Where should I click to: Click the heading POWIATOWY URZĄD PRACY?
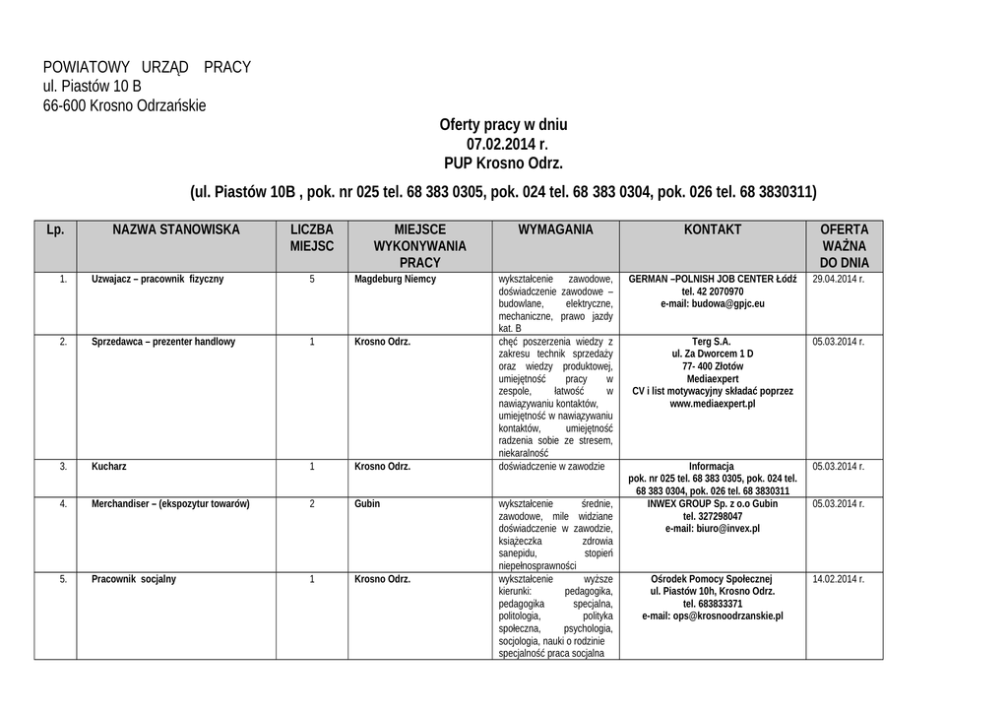147,67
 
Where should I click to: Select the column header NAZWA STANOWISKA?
176,229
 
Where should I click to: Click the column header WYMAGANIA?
555,229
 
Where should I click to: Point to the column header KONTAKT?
713,229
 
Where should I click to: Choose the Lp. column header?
55,229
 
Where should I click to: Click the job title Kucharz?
109,466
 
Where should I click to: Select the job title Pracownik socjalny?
134,579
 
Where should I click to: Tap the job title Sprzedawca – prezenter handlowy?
163,342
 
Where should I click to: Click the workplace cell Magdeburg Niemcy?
395,279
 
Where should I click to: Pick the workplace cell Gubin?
367,503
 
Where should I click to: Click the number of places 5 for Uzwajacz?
312,279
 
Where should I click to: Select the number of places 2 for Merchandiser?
312,503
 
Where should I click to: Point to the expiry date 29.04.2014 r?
839,279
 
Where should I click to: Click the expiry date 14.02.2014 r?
839,579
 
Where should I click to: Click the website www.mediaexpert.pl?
713,404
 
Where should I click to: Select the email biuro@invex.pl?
713,529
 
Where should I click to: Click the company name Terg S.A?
713,342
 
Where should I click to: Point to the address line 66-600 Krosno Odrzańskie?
125,105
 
